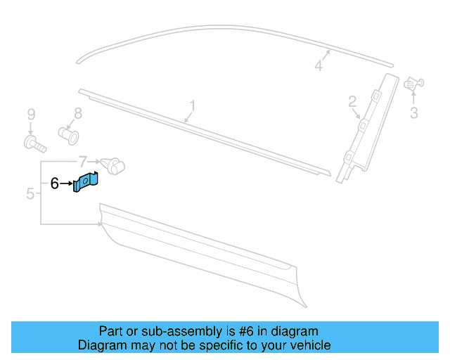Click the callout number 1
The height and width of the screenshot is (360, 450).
(x=191, y=106)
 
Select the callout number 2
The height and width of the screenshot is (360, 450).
(x=352, y=103)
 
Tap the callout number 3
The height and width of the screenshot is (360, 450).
(x=413, y=112)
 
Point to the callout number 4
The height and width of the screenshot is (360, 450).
(x=319, y=65)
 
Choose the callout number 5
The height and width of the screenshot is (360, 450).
(x=30, y=193)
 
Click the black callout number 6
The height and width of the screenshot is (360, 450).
(x=55, y=184)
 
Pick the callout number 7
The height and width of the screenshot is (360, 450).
(x=82, y=161)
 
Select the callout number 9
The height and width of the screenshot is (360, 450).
(x=30, y=114)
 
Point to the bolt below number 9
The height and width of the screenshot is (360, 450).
(x=34, y=144)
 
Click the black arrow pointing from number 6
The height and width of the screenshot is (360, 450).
(x=67, y=184)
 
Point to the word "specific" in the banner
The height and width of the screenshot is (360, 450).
(x=229, y=345)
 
